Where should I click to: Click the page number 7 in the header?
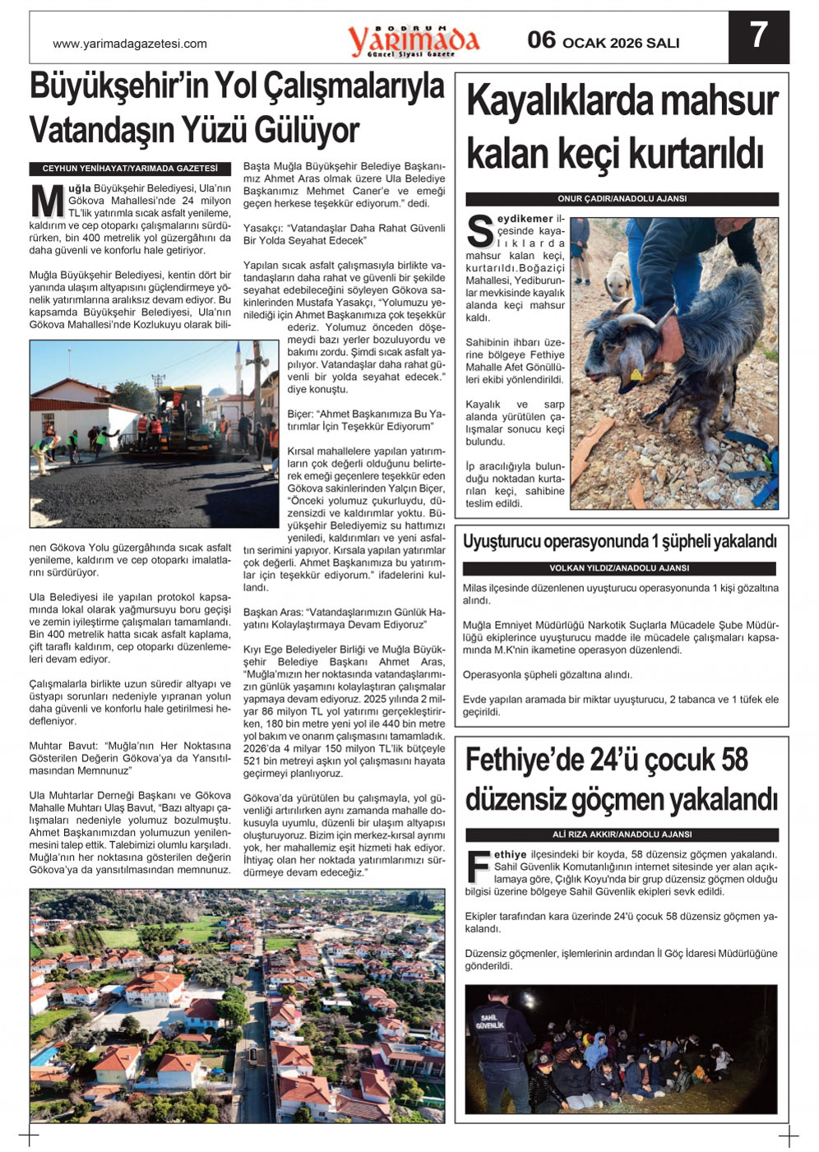758,36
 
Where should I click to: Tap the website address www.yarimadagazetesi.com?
129,44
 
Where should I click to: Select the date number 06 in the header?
541,40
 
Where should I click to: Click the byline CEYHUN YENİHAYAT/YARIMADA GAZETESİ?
130,169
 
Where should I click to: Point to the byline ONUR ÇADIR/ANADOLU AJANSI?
622,199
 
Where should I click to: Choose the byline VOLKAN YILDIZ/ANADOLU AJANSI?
618,568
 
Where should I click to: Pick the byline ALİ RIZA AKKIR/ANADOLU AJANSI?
621,834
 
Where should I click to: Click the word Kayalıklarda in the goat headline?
560,102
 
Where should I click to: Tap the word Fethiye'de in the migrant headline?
523,761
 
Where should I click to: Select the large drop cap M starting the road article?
48,201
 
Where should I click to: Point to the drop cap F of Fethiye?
478,866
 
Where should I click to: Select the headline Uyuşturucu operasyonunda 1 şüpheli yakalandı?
619,542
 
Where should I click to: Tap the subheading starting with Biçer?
366,420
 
